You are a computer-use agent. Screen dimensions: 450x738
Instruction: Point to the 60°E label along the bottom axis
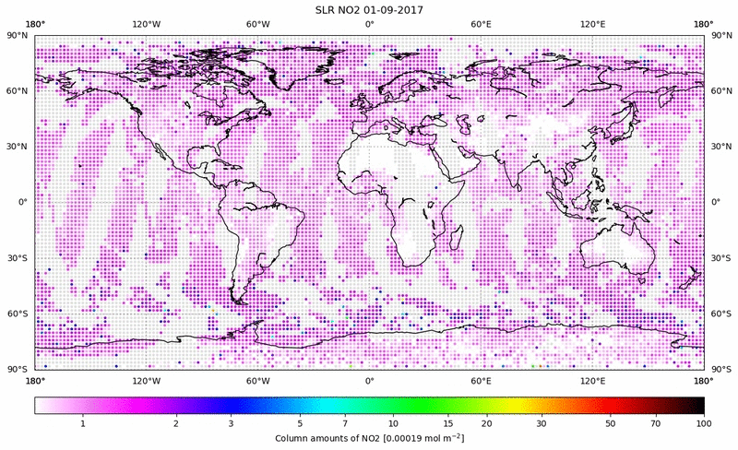[x=481, y=380]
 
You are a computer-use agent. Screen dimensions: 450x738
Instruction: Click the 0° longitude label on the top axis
[x=369, y=23]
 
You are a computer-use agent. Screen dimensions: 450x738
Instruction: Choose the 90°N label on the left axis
[x=18, y=35]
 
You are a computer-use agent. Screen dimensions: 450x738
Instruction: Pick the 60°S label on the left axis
[x=18, y=314]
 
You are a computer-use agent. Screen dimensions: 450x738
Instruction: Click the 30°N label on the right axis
[x=720, y=146]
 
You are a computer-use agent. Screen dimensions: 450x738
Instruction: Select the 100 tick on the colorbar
[x=703, y=423]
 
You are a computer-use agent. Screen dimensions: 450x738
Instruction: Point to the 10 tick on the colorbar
[x=393, y=423]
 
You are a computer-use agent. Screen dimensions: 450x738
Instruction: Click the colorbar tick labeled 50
[x=610, y=423]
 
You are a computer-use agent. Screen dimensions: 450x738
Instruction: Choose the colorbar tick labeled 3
[x=231, y=423]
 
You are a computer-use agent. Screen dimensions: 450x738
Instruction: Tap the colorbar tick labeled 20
[x=486, y=423]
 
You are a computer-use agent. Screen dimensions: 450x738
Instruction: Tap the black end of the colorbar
[x=696, y=405]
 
